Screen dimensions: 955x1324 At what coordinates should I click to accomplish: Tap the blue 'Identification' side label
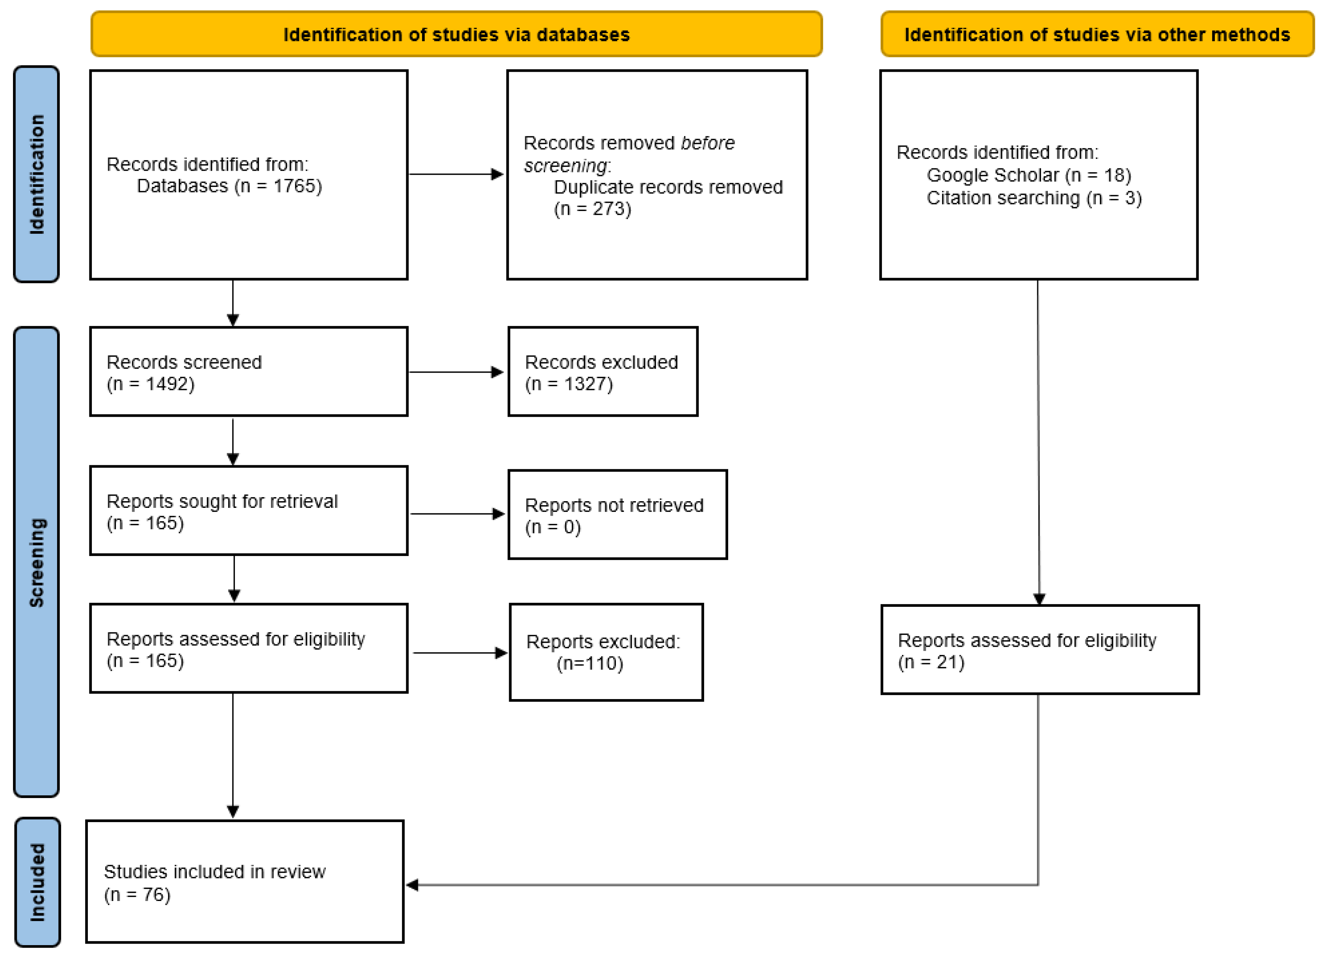pos(36,174)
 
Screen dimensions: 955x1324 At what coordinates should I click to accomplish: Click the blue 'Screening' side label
pos(36,562)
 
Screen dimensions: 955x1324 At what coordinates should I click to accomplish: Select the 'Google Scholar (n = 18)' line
pos(1028,175)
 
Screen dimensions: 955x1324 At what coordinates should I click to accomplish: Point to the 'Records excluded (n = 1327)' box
pos(602,371)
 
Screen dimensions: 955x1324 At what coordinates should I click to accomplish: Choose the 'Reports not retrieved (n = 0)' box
pos(617,515)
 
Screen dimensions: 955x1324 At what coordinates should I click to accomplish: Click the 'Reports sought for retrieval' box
pos(249,511)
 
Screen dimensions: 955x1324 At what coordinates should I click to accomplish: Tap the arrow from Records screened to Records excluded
pos(456,372)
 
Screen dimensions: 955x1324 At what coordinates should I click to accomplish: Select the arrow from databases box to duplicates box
pos(456,174)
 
